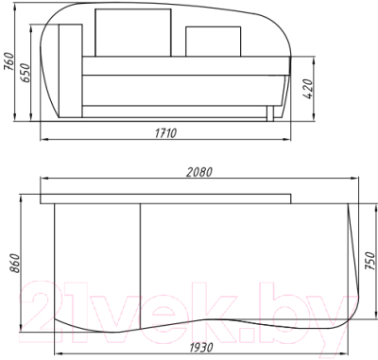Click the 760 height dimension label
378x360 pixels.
click(9, 61)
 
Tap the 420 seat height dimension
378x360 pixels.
click(308, 89)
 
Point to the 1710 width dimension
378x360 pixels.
click(165, 133)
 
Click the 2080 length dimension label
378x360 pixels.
click(199, 172)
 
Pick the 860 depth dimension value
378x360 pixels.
click(14, 263)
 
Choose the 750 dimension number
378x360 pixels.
click(370, 261)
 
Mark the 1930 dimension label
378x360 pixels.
click(201, 348)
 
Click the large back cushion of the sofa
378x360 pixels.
click(133, 33)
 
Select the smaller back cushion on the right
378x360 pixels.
click(214, 42)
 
